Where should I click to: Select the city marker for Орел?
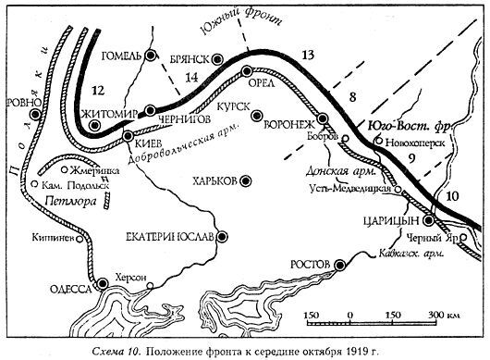246,70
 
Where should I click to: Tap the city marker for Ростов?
339,265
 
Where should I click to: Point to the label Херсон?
129,275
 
